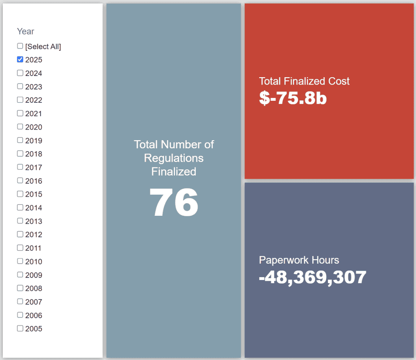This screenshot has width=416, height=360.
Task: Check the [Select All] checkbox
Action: pyautogui.click(x=20, y=46)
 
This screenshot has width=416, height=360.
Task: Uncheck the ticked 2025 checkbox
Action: pyautogui.click(x=20, y=59)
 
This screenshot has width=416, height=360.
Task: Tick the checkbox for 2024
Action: pyautogui.click(x=20, y=73)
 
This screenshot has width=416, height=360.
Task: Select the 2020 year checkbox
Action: pyautogui.click(x=20, y=127)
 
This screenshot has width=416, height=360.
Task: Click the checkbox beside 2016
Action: pyautogui.click(x=20, y=180)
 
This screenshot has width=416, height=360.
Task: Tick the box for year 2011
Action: pyautogui.click(x=20, y=247)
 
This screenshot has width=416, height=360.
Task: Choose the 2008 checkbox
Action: pyautogui.click(x=20, y=288)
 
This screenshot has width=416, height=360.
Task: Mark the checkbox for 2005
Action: pyautogui.click(x=20, y=328)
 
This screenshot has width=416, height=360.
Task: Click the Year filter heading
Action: pyautogui.click(x=26, y=31)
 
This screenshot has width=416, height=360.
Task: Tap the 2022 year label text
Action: pyautogui.click(x=34, y=100)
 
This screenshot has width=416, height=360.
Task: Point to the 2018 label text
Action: pyautogui.click(x=34, y=154)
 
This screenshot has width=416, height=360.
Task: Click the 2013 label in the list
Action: pyautogui.click(x=34, y=221)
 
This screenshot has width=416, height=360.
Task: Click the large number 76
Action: pyautogui.click(x=174, y=203)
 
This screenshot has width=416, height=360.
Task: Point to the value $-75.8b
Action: pyautogui.click(x=293, y=98)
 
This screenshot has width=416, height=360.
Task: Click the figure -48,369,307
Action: pyautogui.click(x=312, y=277)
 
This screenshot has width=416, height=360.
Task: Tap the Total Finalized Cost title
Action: pyautogui.click(x=304, y=81)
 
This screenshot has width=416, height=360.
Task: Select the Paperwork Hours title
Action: pyautogui.click(x=299, y=260)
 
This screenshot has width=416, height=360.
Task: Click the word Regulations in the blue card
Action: pyautogui.click(x=174, y=158)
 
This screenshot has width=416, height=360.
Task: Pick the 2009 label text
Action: pyautogui.click(x=34, y=275)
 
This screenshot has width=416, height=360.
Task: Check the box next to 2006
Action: pyautogui.click(x=20, y=315)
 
